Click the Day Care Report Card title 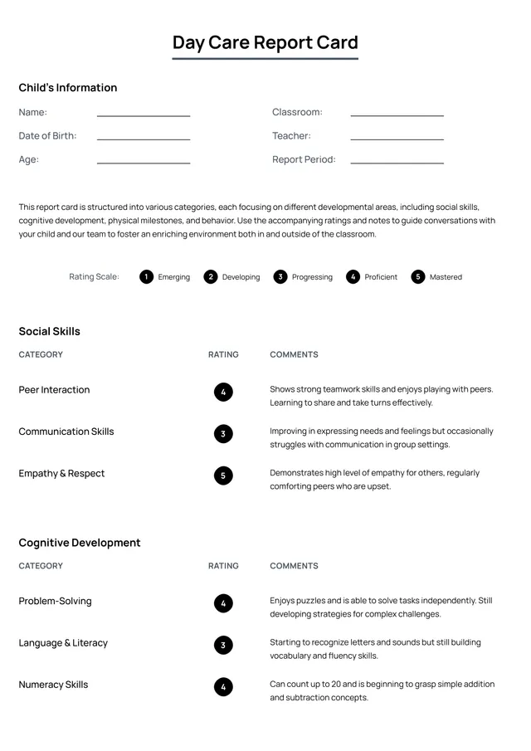click(265, 43)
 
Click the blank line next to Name click(144, 115)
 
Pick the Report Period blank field click(397, 162)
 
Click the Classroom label click(297, 112)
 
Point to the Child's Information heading click(68, 88)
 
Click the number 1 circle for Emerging click(146, 277)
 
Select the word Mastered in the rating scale click(446, 277)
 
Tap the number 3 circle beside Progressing click(280, 277)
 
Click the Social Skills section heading click(50, 331)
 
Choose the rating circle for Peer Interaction click(223, 392)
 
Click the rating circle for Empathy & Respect click(223, 475)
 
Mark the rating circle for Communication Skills click(223, 433)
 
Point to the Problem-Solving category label click(56, 601)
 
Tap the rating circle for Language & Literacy click(223, 645)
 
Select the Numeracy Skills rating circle click(223, 686)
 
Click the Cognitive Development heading click(80, 543)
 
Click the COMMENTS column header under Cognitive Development click(294, 566)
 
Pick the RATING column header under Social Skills click(223, 354)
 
